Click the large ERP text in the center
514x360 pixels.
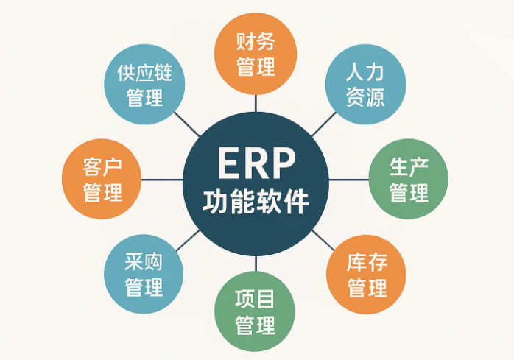click(x=256, y=163)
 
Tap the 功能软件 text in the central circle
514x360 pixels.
click(x=256, y=201)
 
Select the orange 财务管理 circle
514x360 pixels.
click(x=256, y=54)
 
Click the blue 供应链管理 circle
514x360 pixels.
click(x=144, y=85)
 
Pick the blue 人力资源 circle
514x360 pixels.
click(x=365, y=85)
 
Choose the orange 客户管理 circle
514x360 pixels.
click(x=102, y=179)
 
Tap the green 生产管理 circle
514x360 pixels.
click(x=409, y=179)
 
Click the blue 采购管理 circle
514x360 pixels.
click(x=144, y=274)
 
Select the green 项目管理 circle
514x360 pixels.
click(x=255, y=311)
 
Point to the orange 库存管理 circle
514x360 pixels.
click(x=366, y=274)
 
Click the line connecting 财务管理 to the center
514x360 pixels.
click(x=256, y=103)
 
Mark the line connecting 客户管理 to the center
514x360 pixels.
click(x=162, y=180)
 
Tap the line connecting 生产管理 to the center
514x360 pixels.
click(x=349, y=180)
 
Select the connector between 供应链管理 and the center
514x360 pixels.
click(x=186, y=124)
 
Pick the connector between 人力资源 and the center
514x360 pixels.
click(x=324, y=124)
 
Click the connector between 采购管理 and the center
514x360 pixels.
click(x=188, y=241)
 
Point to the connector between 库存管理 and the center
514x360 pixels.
click(x=323, y=240)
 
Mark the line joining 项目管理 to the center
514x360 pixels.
click(x=256, y=264)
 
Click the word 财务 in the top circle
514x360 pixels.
click(x=256, y=41)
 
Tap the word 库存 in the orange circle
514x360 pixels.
click(x=367, y=262)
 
